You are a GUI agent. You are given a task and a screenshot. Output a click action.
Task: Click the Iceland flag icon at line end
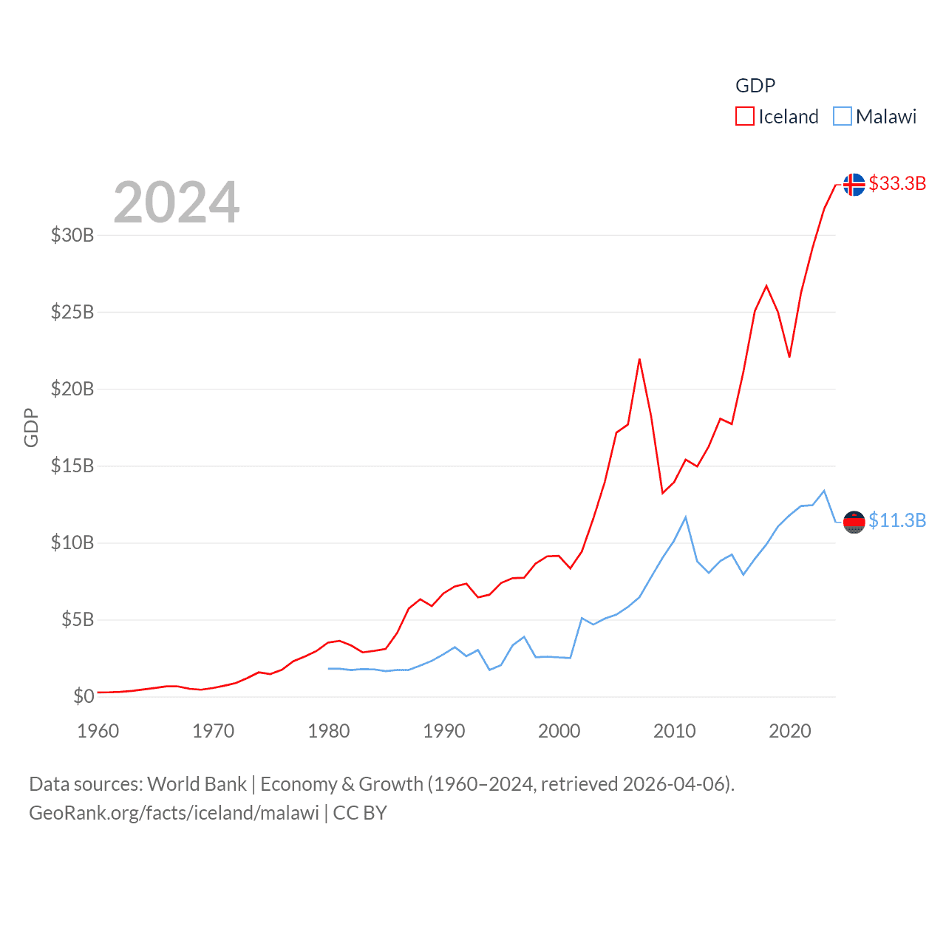(x=854, y=185)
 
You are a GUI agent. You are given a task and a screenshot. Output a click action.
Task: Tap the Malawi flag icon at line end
(x=854, y=522)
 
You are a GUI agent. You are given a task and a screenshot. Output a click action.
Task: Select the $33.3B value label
(x=897, y=183)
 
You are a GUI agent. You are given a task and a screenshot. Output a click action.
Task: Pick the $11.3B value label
(x=897, y=520)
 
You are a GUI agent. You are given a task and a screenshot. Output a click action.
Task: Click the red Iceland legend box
(x=744, y=117)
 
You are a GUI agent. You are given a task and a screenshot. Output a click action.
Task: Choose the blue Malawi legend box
(x=842, y=117)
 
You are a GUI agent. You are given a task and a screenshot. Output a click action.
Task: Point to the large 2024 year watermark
(x=177, y=203)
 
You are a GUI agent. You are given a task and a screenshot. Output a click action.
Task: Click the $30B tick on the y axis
(x=72, y=235)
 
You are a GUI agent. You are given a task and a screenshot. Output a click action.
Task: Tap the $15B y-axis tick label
(x=72, y=466)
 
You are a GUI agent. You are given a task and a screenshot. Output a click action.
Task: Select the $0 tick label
(x=84, y=696)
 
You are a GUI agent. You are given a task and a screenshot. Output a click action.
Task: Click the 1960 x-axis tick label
(x=98, y=731)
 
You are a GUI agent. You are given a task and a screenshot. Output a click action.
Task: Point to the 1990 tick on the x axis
(x=444, y=731)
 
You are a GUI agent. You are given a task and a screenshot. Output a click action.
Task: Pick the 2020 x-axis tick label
(x=790, y=731)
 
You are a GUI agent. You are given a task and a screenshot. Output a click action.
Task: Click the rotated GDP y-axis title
(x=31, y=427)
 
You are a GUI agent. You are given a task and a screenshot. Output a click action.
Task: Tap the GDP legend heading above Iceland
(x=755, y=86)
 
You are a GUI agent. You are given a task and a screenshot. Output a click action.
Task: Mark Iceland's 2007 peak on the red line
(x=639, y=360)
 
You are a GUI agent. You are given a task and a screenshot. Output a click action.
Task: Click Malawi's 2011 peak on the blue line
(x=686, y=517)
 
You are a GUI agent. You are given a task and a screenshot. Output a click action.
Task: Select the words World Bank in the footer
(x=197, y=783)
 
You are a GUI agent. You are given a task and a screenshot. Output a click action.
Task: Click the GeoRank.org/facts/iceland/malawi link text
(x=174, y=813)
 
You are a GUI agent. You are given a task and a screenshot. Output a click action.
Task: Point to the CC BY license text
(x=360, y=813)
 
